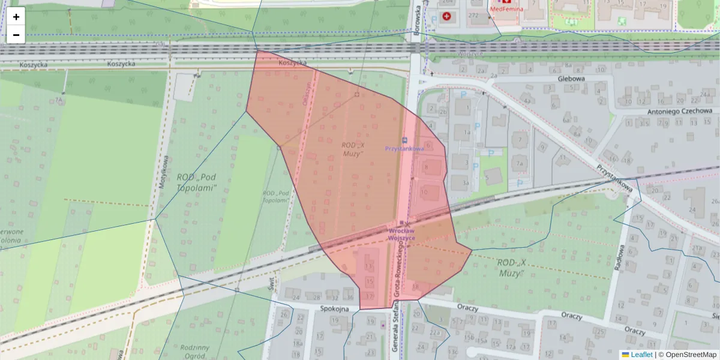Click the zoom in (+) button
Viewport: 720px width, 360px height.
pos(16,17)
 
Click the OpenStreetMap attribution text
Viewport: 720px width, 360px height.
pos(691,355)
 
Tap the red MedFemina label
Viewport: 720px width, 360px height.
pos(506,9)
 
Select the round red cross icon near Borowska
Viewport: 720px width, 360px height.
pos(446,16)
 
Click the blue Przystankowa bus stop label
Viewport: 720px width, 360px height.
pos(404,148)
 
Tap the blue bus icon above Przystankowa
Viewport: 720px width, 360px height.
pos(404,139)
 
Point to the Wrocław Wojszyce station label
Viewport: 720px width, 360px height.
pos(402,234)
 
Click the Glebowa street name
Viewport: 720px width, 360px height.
pos(571,78)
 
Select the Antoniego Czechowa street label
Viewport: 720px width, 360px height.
pos(679,111)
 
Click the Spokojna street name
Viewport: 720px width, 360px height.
pos(334,308)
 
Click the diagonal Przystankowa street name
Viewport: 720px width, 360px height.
pos(615,179)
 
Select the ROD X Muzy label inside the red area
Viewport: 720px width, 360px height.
pos(353,149)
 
